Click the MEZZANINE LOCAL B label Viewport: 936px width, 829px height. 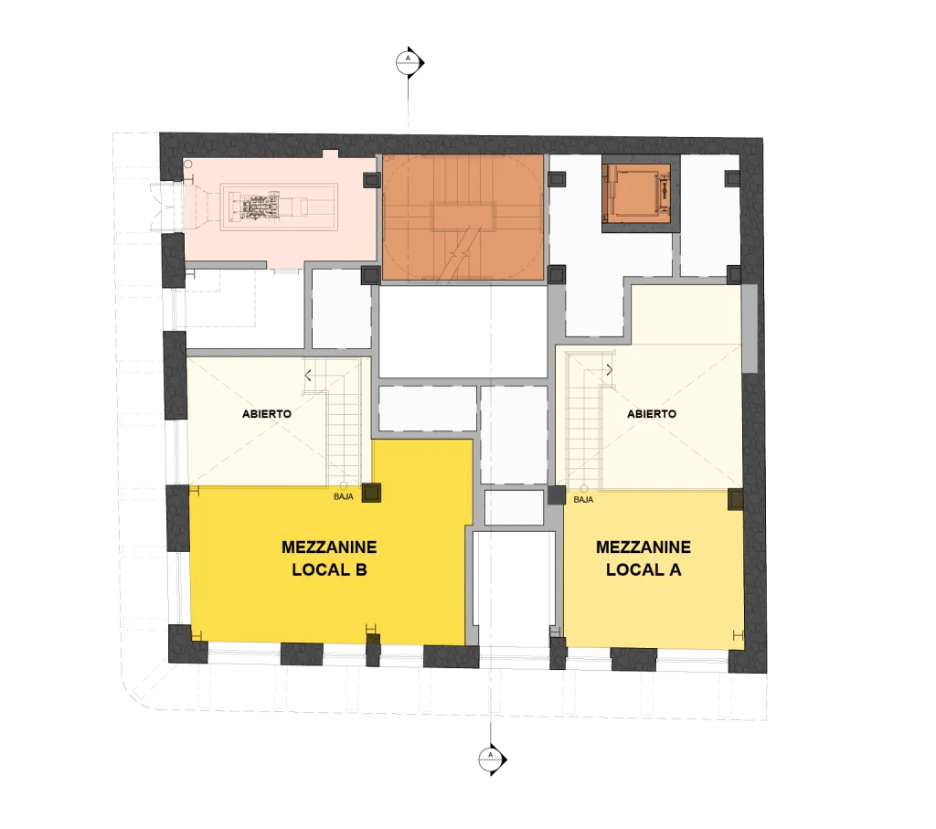coord(329,558)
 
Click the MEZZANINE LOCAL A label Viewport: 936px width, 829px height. coord(643,558)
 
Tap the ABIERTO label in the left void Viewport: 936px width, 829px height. coord(267,414)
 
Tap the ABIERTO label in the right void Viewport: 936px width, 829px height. coord(652,414)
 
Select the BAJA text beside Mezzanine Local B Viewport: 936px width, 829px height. coord(344,496)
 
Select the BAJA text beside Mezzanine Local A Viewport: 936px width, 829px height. coord(583,500)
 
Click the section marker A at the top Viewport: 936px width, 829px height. coord(409,62)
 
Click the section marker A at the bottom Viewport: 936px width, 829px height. coord(492,760)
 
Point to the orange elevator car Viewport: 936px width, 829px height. coord(636,193)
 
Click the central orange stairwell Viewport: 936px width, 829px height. coord(463,218)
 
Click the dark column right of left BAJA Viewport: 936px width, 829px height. coord(371,493)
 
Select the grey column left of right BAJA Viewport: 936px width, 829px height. coord(557,495)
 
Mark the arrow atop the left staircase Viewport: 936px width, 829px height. coord(308,376)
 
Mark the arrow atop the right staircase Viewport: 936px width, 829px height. coord(610,370)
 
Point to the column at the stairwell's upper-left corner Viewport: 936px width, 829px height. coord(371,180)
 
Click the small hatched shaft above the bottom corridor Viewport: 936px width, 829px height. coord(514,507)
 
